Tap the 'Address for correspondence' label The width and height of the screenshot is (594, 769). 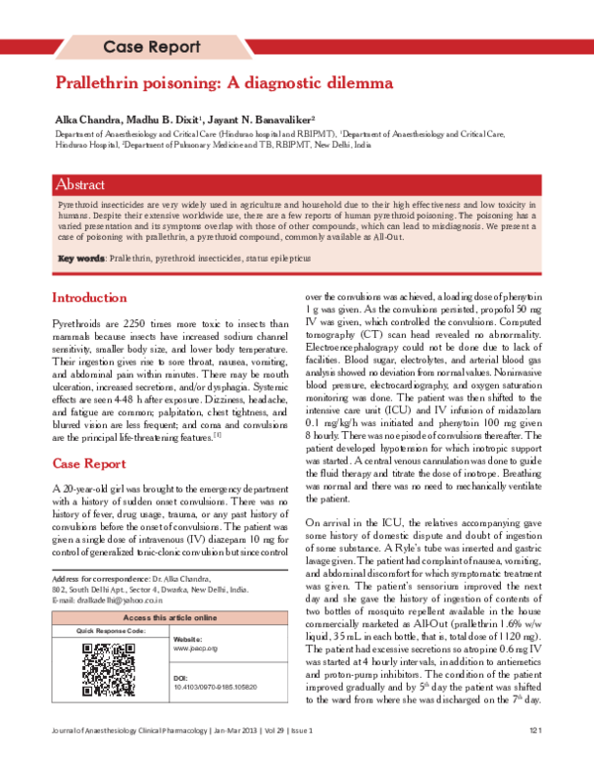point(93,578)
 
